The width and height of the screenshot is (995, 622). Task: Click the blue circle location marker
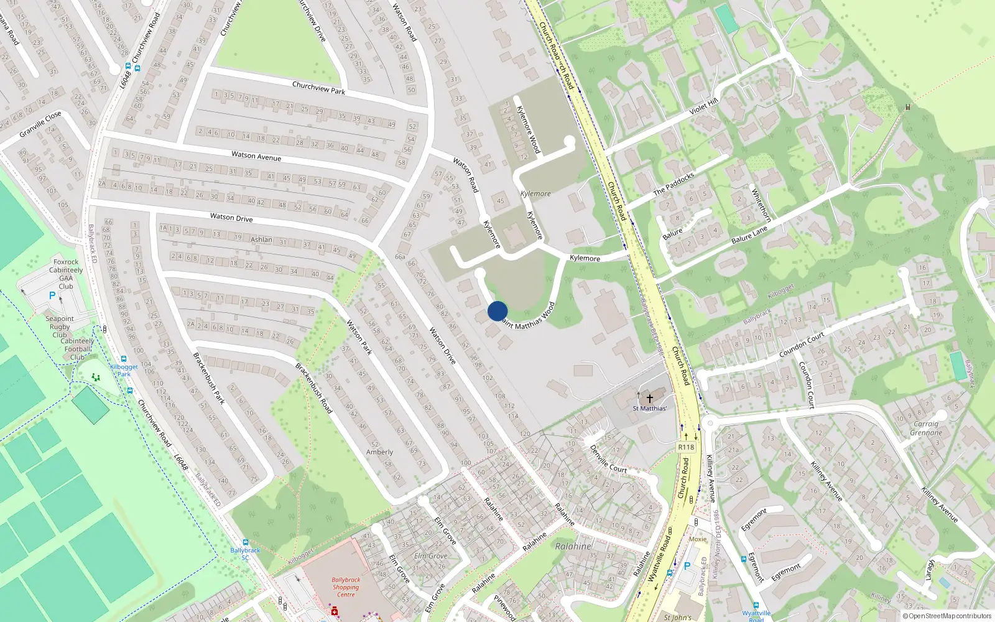pos(497,311)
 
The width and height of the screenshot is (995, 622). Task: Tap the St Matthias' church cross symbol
pos(650,398)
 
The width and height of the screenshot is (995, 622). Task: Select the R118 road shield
pos(686,447)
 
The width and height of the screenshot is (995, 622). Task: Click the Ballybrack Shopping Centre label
pos(346,587)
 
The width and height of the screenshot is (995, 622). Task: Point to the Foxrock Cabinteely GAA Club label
pos(66,274)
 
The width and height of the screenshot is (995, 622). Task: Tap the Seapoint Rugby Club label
pos(60,327)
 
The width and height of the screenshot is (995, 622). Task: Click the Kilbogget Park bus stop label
pos(124,370)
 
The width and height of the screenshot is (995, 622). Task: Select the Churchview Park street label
pos(318,88)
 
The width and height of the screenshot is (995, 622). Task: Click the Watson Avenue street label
pos(256,156)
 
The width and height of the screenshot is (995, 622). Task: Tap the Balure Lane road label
pos(749,235)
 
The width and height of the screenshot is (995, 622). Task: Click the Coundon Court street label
pos(802,345)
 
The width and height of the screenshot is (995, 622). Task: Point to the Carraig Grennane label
pos(926,429)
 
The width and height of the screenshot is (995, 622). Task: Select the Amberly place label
pos(379,452)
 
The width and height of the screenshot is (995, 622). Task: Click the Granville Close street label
pos(40,124)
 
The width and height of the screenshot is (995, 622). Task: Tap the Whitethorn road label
pos(761,205)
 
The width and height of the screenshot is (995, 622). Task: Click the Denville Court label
pos(608,459)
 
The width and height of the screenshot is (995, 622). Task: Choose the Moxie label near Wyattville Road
pos(698,539)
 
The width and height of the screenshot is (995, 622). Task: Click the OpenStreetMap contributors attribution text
pos(950,616)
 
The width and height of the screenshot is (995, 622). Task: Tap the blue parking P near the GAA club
pos(52,296)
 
